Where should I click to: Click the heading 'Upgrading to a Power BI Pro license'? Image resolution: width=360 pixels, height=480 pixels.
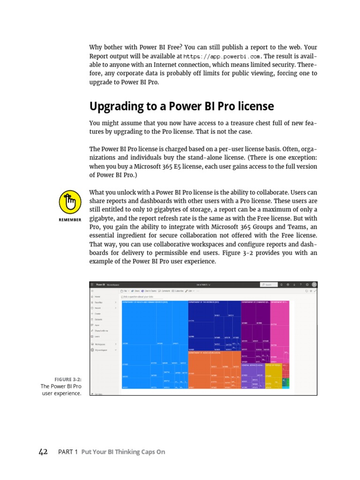point(181,106)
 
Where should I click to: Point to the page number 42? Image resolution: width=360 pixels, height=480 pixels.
point(43,452)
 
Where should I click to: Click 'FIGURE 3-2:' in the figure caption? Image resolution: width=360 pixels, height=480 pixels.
point(67,379)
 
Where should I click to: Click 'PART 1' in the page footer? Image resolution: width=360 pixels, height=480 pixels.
point(67,452)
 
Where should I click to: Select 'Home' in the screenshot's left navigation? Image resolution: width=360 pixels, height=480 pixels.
point(97,297)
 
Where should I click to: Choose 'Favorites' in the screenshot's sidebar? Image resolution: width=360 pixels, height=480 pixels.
point(99,303)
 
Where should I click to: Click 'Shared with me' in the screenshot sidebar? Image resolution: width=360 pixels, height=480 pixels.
point(101,331)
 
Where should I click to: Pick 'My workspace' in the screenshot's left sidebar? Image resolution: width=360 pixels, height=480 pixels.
point(101,350)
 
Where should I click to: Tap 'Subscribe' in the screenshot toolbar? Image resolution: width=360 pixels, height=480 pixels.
point(179,291)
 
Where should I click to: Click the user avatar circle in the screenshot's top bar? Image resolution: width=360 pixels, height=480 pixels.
point(314,284)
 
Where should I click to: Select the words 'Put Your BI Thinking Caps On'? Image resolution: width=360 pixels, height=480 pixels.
point(123,452)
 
